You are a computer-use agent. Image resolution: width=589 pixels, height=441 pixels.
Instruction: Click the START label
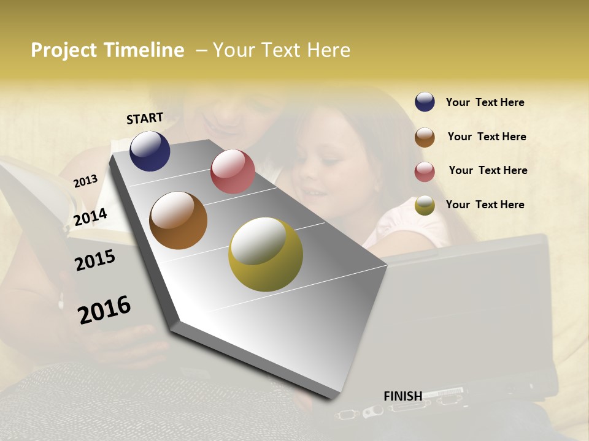[x=145, y=118]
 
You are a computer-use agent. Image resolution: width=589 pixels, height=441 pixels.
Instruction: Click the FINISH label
[x=402, y=396]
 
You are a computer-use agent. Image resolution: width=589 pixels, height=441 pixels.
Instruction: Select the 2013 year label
[x=85, y=181]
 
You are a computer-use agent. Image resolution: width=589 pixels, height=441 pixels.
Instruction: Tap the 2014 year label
[x=90, y=217]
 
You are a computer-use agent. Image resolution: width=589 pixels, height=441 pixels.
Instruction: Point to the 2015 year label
[x=95, y=260]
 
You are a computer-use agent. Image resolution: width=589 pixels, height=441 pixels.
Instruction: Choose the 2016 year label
[x=104, y=309]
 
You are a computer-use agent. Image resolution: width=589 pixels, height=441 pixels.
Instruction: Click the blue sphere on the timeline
[x=150, y=151]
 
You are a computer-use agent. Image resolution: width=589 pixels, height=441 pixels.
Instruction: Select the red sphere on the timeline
[x=233, y=171]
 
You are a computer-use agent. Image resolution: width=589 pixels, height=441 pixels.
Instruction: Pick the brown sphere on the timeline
[x=178, y=221]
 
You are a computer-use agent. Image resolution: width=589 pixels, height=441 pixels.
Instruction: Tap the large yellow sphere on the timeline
[x=266, y=254]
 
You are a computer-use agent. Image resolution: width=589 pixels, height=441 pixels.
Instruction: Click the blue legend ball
[x=425, y=102]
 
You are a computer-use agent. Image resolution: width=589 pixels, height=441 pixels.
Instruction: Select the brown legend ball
[x=425, y=137]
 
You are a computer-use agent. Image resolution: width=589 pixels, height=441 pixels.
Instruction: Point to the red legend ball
[x=425, y=171]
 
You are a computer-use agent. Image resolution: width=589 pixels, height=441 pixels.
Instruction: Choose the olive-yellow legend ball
[x=425, y=205]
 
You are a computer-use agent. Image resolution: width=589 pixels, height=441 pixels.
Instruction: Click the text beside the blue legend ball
[x=485, y=103]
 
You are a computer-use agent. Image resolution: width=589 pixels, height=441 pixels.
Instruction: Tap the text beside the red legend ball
[x=488, y=170]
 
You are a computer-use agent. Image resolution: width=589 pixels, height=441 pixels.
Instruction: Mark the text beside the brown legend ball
[x=487, y=137]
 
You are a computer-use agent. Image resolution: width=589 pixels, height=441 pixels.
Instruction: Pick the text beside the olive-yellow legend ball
[x=485, y=205]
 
